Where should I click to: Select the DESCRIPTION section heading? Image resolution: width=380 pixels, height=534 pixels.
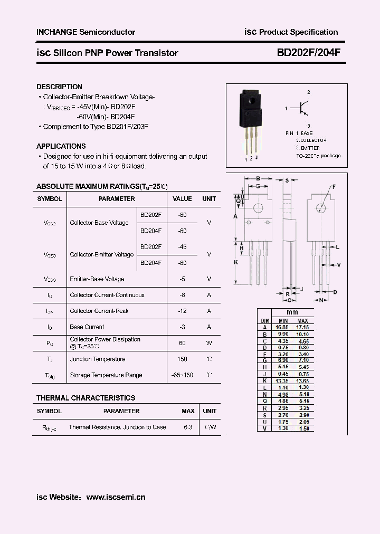tap(59, 87)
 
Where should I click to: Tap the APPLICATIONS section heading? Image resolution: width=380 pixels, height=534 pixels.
tap(61, 146)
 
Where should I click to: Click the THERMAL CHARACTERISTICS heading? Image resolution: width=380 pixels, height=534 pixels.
tap(85, 398)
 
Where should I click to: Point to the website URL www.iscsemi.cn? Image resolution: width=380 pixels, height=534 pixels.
tap(116, 497)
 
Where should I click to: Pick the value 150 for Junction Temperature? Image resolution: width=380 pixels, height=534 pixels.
tap(183, 359)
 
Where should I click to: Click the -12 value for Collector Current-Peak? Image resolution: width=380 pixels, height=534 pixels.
tap(183, 311)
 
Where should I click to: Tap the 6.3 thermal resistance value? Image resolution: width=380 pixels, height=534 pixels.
tap(188, 427)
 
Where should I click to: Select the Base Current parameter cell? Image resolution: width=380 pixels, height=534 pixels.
tap(87, 327)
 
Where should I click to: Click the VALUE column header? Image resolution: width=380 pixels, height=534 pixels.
tap(183, 199)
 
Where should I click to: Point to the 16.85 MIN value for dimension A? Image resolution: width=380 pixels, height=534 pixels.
tap(282, 327)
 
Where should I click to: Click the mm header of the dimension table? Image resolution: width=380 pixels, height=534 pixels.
tap(292, 312)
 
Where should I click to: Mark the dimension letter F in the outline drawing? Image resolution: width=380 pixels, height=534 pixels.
tap(333, 187)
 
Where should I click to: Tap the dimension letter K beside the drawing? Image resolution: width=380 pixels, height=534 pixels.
tap(236, 262)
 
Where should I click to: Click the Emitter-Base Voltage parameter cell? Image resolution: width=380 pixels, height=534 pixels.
tap(97, 279)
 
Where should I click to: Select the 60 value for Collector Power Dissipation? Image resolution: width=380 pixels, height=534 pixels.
tap(183, 343)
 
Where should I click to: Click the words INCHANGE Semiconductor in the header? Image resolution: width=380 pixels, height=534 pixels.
tap(85, 32)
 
